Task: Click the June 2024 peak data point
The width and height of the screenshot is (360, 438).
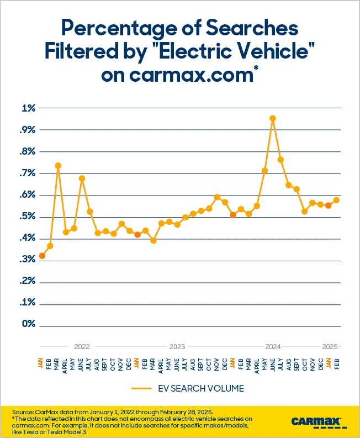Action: [x=272, y=118]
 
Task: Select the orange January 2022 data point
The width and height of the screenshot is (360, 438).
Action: [x=42, y=256]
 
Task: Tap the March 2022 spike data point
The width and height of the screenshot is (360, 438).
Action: [x=58, y=166]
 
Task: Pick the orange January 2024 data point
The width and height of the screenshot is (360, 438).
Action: [x=233, y=215]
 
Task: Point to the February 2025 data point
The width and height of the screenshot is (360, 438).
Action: [x=336, y=200]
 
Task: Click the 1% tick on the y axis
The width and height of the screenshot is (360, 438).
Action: [x=28, y=108]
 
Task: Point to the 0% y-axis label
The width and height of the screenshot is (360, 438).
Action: [x=28, y=325]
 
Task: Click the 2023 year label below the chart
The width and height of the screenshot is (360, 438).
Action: [x=177, y=347]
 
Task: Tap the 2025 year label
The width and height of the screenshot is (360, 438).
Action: [x=330, y=347]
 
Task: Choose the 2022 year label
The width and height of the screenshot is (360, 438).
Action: [x=82, y=347]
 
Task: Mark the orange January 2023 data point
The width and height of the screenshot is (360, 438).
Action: [x=137, y=234]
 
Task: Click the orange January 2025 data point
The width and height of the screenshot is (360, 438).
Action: [x=328, y=205]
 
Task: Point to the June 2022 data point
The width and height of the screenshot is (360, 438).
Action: [x=82, y=178]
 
